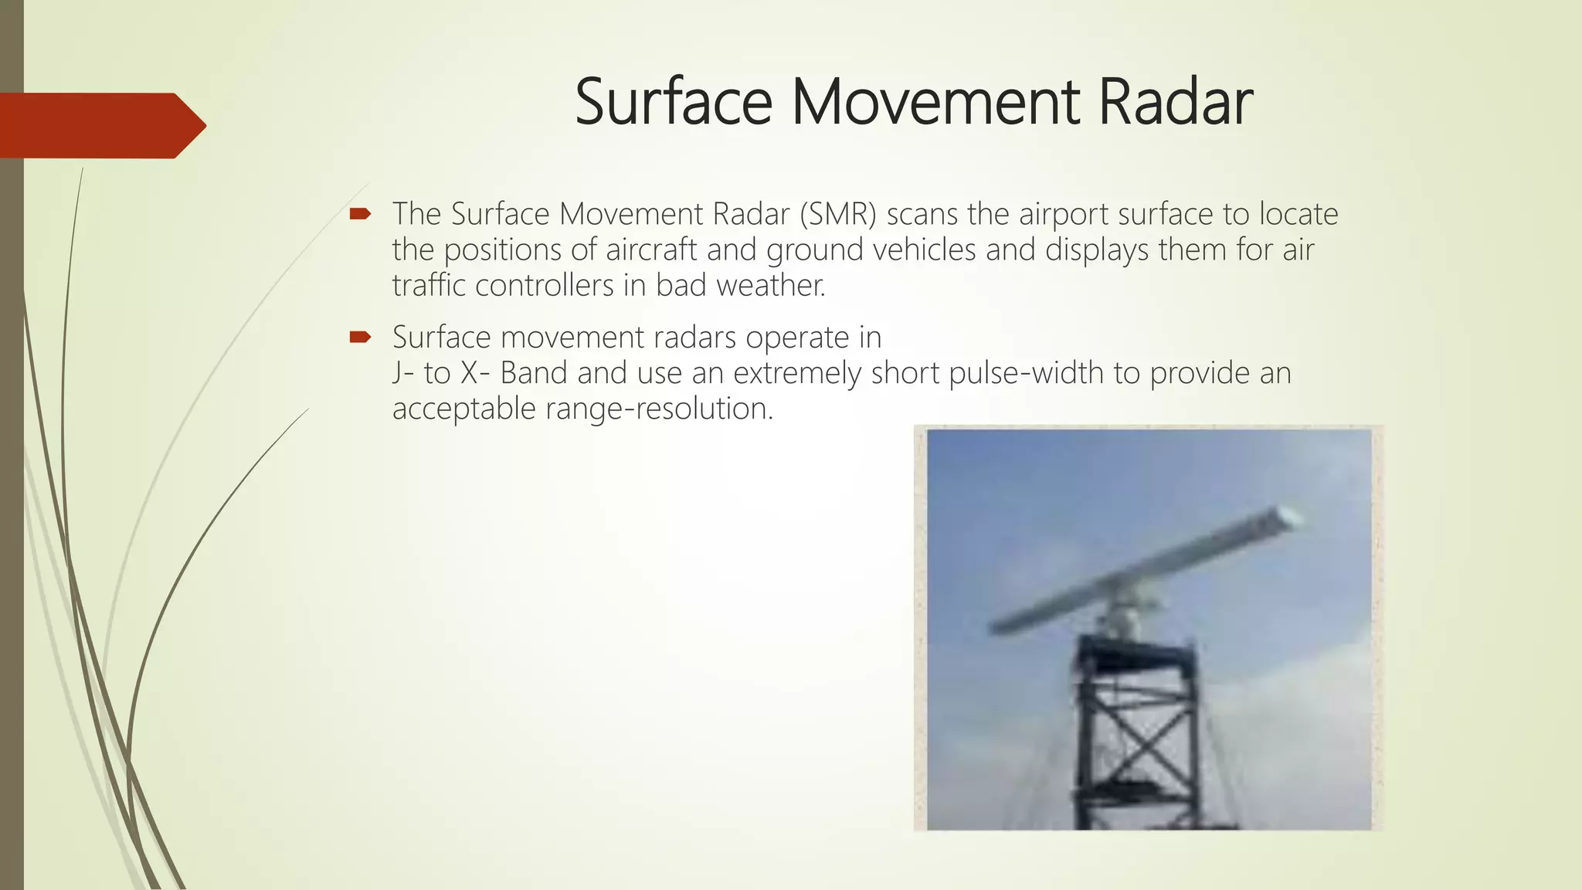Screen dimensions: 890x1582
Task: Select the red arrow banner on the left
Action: coord(100,125)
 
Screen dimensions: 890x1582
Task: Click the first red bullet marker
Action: coord(360,213)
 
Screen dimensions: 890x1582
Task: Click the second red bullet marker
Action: coord(360,337)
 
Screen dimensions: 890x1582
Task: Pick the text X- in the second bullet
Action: coord(475,373)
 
